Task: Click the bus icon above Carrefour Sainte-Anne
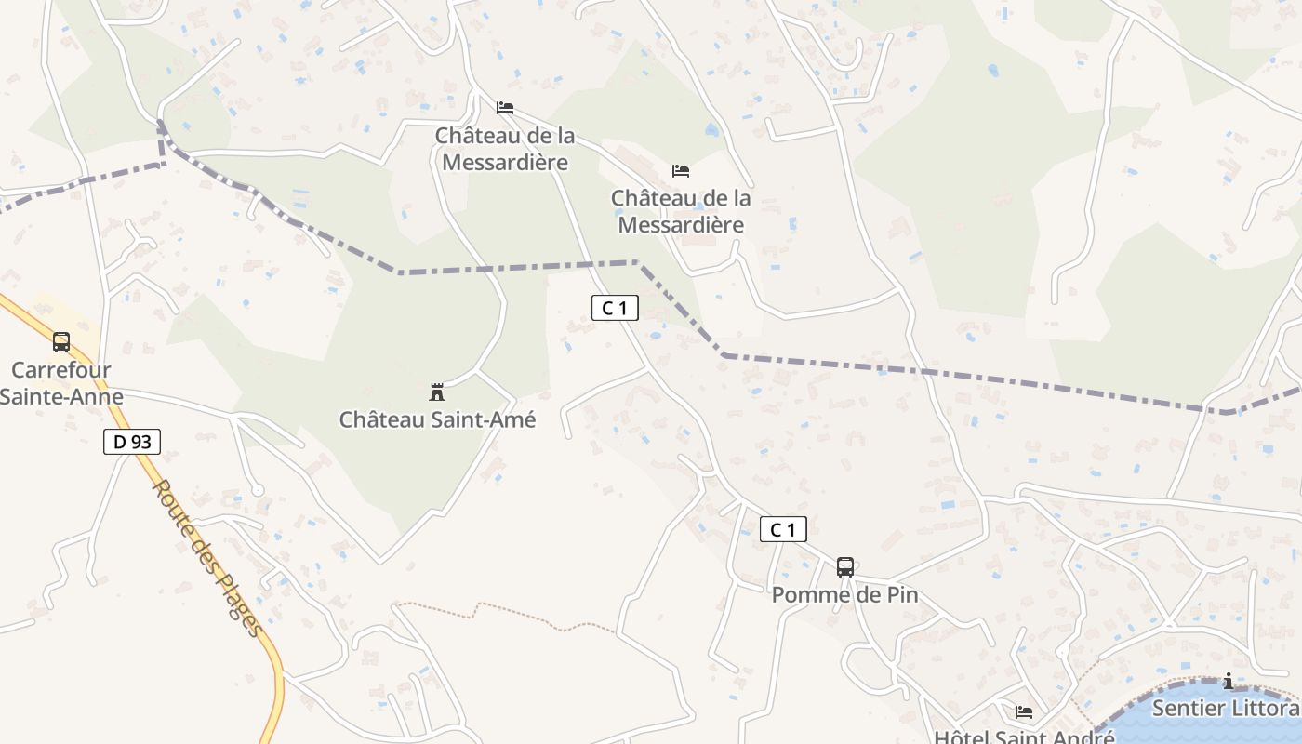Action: [x=61, y=342]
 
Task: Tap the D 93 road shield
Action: [x=131, y=442]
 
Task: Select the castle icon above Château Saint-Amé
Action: [x=437, y=392]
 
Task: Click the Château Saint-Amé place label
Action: [x=437, y=419]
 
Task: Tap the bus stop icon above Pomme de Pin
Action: [x=844, y=566]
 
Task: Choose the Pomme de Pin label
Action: [x=844, y=594]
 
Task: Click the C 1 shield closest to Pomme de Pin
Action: [x=783, y=530]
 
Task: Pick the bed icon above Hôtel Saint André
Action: [x=1024, y=712]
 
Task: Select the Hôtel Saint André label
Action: [x=1024, y=737]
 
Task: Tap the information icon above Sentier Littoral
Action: [x=1229, y=682]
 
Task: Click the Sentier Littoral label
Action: [x=1226, y=709]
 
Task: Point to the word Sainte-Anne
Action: [x=61, y=397]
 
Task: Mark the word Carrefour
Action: [x=61, y=370]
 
